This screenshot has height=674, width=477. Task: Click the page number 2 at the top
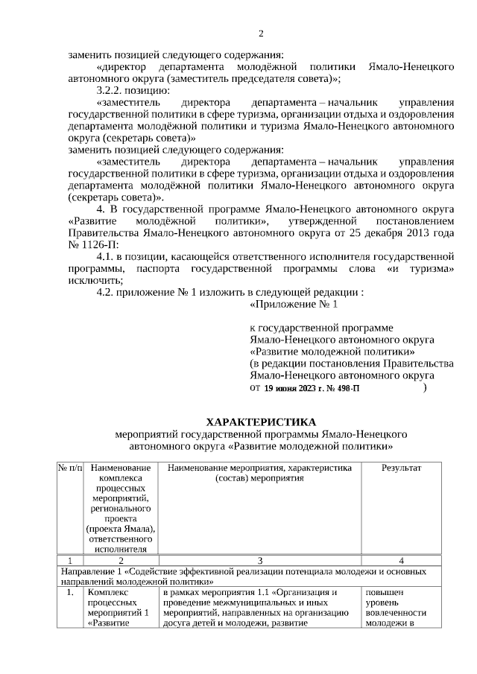pos(261,34)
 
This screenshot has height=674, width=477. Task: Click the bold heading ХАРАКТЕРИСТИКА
pos(261,422)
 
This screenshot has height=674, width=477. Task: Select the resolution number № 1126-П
pos(92,244)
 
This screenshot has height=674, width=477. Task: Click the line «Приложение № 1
pos(293,305)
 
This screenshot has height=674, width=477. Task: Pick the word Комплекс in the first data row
pos(107,593)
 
